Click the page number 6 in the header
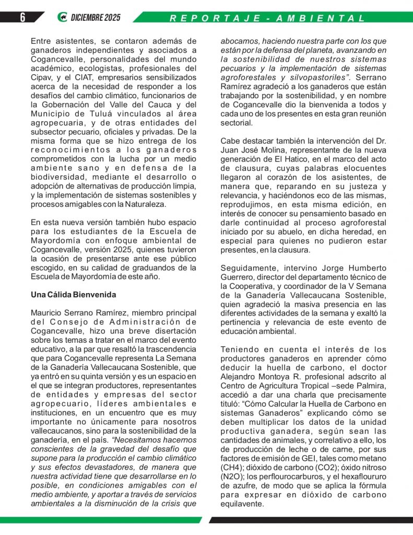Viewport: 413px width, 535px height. pyautogui.click(x=22, y=17)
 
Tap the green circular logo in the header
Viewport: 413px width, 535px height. pyautogui.click(x=62, y=17)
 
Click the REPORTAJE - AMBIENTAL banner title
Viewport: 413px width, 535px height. pyautogui.click(x=268, y=18)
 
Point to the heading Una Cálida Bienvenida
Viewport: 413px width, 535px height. pyautogui.click(x=74, y=295)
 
